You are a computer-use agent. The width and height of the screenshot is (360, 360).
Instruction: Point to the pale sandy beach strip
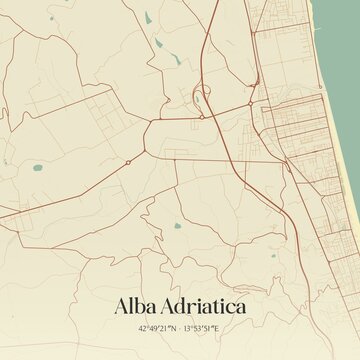[334, 150]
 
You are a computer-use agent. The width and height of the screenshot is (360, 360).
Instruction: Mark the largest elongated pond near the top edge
[146, 17]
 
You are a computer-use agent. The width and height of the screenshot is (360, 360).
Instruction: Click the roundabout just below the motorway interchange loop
[201, 116]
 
